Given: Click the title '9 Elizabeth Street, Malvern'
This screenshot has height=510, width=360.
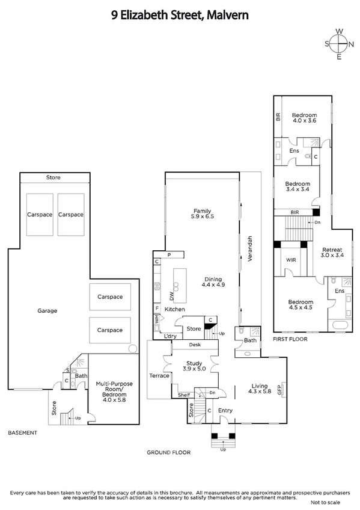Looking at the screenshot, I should point(180,17).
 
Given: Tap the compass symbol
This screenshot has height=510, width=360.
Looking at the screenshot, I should point(340,43).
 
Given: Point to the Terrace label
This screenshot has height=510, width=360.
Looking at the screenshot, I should point(159,376).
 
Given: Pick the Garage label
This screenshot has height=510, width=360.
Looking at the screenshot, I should point(47,311).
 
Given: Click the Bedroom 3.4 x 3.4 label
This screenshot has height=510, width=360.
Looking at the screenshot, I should point(297,187).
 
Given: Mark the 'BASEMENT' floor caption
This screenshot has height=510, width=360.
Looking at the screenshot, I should point(22,432).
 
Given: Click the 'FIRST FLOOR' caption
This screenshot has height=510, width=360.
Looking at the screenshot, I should point(290,339).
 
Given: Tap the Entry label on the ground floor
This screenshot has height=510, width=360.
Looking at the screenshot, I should point(226,410).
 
